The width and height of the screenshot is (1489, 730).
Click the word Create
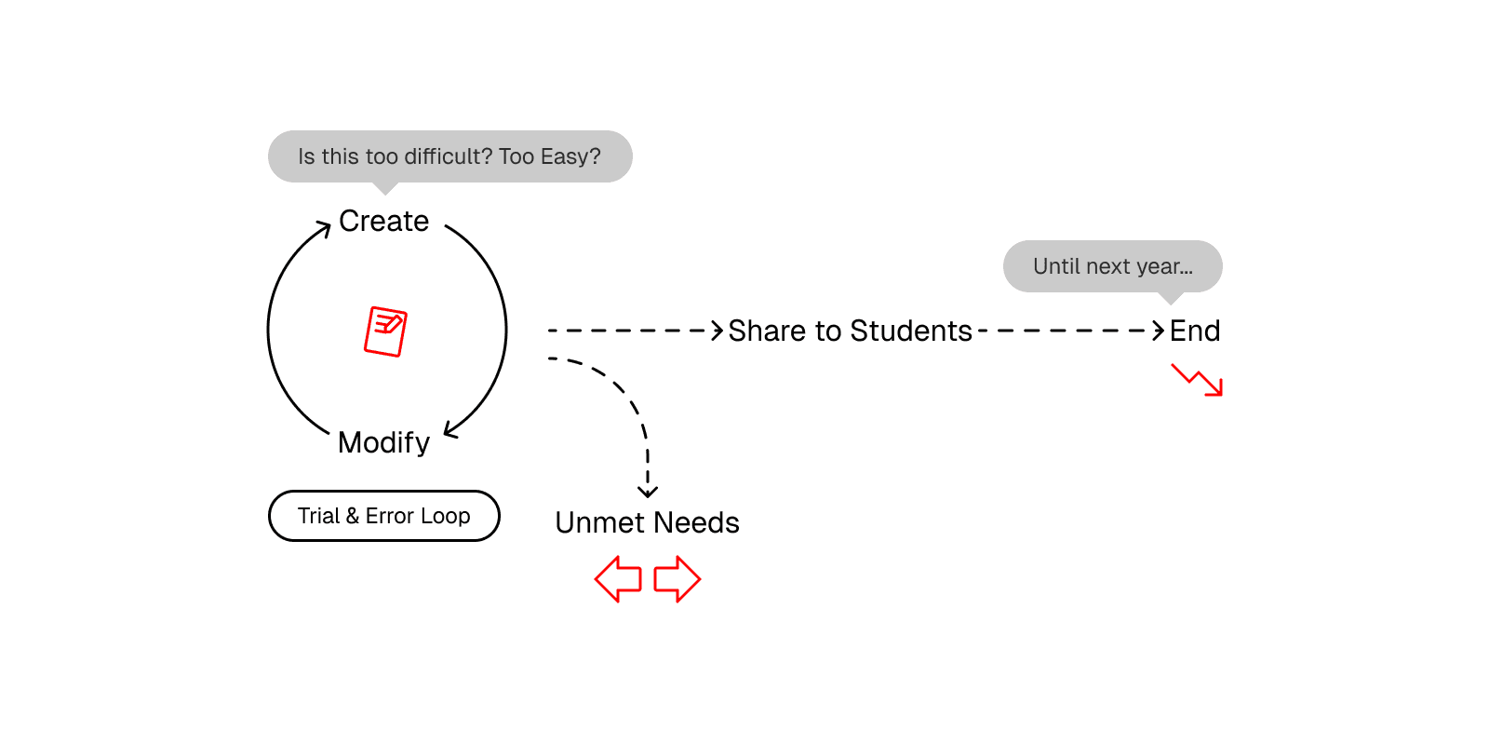(x=383, y=222)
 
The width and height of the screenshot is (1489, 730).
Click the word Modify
(x=383, y=442)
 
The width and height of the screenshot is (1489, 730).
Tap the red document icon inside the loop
(x=385, y=331)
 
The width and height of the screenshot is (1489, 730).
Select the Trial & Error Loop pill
(x=383, y=516)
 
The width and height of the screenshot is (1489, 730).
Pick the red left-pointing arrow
(x=619, y=579)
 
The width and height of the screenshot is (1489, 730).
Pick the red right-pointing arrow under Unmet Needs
(x=677, y=579)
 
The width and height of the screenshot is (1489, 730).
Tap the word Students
(x=911, y=331)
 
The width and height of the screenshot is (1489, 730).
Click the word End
(x=1195, y=331)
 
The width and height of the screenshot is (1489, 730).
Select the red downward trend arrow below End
(x=1198, y=380)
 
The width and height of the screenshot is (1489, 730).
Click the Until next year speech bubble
(x=1112, y=266)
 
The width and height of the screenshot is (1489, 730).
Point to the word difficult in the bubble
(x=448, y=156)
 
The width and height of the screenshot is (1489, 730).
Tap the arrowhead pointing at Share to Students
(x=718, y=331)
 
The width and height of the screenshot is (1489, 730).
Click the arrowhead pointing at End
(x=1159, y=331)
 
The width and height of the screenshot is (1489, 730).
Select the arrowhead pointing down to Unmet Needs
(x=648, y=491)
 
